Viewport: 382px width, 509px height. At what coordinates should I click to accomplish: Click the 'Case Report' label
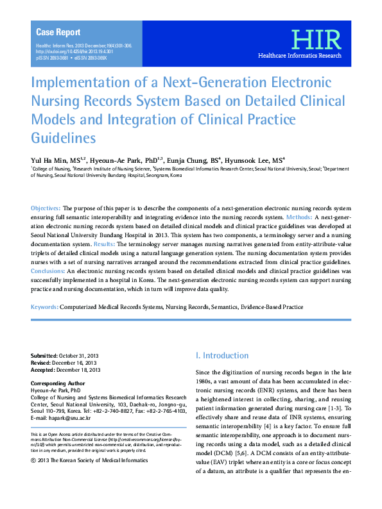click(x=58, y=32)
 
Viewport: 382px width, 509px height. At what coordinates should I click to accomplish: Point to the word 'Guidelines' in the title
click(x=64, y=138)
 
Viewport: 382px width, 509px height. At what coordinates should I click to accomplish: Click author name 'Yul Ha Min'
click(x=52, y=160)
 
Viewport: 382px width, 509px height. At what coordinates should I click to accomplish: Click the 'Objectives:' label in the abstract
click(x=46, y=209)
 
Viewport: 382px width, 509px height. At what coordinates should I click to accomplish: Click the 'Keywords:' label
click(x=45, y=308)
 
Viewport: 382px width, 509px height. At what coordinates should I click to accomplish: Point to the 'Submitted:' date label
click(x=44, y=356)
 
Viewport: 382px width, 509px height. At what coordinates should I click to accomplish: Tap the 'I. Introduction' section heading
click(x=221, y=355)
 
